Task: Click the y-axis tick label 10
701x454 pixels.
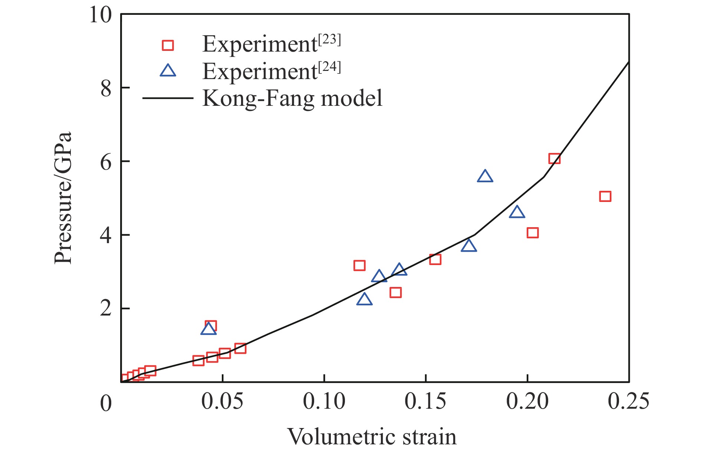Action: tap(101, 15)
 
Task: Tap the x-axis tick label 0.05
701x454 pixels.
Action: tap(222, 401)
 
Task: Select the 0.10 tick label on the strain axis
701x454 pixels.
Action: tap(324, 401)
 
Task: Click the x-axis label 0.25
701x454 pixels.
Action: tap(628, 401)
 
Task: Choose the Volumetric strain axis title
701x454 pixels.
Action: tap(372, 437)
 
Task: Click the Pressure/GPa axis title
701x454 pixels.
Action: tap(62, 198)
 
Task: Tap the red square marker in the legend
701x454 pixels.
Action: tap(168, 45)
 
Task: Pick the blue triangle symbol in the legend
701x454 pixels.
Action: tap(168, 71)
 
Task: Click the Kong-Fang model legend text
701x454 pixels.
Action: tap(292, 98)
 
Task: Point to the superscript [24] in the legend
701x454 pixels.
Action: tap(329, 67)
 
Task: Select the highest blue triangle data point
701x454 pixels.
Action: tap(485, 176)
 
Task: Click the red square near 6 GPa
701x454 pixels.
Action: tap(554, 159)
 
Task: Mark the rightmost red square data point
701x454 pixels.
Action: tap(605, 196)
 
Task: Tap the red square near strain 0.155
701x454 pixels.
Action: tap(435, 259)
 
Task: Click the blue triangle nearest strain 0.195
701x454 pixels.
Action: tap(517, 212)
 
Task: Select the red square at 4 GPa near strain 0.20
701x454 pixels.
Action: tap(533, 233)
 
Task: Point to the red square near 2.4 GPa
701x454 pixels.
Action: tap(396, 293)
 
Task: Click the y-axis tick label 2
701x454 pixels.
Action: tap(106, 309)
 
